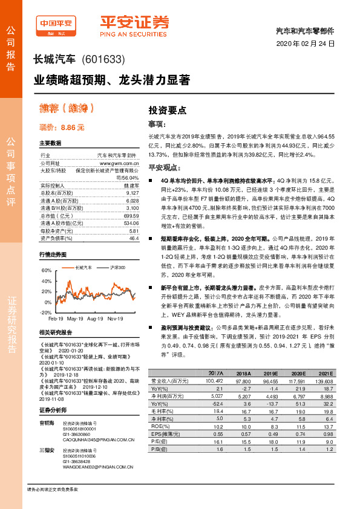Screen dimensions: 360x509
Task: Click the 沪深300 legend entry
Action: click(118, 267)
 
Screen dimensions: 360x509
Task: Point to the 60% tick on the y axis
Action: click(47, 271)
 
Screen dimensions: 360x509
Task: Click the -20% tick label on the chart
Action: click(46, 312)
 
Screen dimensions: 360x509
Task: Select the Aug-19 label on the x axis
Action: click(96, 318)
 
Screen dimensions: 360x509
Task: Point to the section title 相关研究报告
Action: click(56, 333)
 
